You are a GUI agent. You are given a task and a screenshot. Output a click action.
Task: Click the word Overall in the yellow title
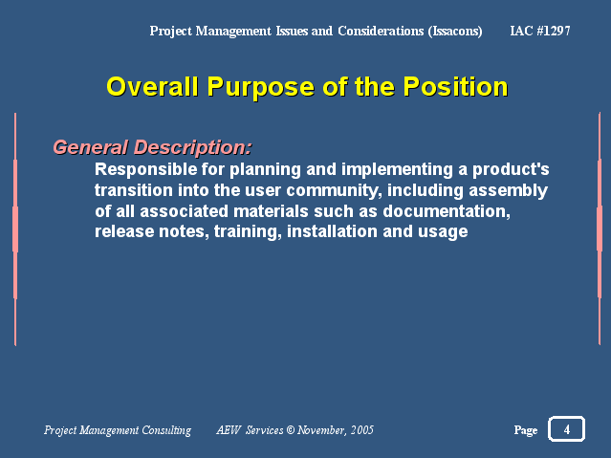click(x=152, y=87)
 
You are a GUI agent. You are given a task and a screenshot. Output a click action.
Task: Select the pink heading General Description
click(x=152, y=147)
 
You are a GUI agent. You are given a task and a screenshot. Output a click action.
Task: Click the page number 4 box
click(x=567, y=429)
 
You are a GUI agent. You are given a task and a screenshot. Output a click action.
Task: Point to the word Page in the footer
click(x=526, y=430)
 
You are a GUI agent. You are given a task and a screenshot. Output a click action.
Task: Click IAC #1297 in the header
click(x=540, y=31)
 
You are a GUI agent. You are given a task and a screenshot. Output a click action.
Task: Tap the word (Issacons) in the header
click(x=455, y=32)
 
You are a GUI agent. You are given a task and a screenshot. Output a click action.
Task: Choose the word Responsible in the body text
click(x=146, y=169)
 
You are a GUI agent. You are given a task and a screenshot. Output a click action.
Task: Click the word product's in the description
click(x=511, y=169)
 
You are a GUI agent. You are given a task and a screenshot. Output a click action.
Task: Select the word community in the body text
click(x=334, y=190)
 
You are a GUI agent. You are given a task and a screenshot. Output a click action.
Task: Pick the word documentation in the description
click(x=447, y=211)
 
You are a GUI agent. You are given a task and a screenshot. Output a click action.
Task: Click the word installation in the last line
click(x=332, y=231)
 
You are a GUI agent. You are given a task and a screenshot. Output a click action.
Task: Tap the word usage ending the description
click(x=443, y=232)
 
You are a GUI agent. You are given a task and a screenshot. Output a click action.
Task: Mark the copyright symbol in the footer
click(x=291, y=430)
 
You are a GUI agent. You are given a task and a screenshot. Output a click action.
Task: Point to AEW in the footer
click(x=229, y=430)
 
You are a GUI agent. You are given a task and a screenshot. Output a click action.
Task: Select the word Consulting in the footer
click(x=166, y=430)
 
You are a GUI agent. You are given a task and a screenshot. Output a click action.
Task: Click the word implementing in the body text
click(x=397, y=169)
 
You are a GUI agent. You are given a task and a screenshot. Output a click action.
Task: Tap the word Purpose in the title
click(x=261, y=87)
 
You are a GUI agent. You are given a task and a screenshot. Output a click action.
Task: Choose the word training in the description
click(x=248, y=232)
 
